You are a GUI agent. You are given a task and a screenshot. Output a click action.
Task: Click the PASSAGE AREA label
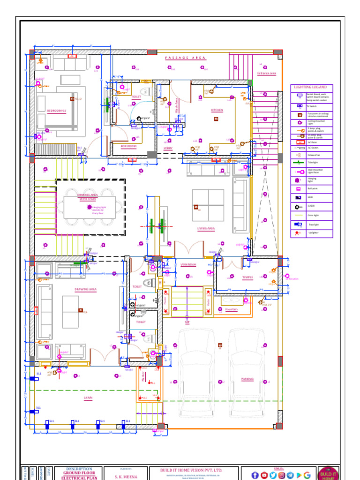tap(185, 58)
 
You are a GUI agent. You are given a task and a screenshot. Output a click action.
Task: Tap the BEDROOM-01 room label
tap(56, 111)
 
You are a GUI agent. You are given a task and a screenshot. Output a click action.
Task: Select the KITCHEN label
tap(217, 111)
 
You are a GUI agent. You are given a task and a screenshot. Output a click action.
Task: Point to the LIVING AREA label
tap(206, 229)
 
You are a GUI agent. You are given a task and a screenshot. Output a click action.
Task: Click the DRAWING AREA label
tap(85, 290)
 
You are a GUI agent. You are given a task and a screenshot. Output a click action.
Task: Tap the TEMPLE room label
tap(247, 277)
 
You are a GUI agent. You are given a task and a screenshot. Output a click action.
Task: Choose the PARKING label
tap(247, 379)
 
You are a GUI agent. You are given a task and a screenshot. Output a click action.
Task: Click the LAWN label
tap(88, 398)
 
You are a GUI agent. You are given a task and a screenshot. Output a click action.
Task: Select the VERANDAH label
tap(188, 265)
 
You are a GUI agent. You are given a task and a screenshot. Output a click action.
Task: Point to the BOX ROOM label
tap(128, 146)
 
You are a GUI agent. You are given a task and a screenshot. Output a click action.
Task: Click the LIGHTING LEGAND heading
tap(311, 87)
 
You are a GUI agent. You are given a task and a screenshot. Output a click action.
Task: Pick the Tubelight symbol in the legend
tap(299, 163)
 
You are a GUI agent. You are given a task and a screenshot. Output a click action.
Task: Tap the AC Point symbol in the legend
tap(299, 142)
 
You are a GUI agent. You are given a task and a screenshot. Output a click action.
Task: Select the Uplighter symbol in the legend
tap(298, 232)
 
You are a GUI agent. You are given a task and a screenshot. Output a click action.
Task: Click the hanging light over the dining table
tap(90, 206)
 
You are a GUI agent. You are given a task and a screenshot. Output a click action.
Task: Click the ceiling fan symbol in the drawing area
tap(80, 310)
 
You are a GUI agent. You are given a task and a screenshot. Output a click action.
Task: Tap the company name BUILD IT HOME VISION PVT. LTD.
tap(192, 470)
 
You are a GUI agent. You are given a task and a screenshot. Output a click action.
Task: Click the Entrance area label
tap(266, 74)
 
